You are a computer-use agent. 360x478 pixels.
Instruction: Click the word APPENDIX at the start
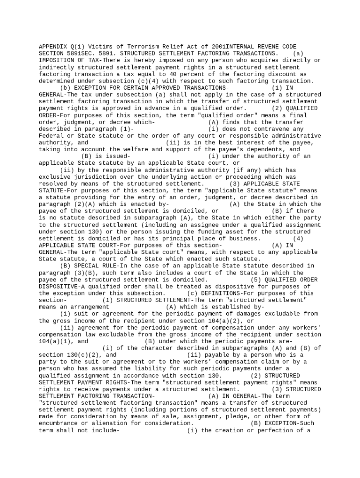click(x=53, y=47)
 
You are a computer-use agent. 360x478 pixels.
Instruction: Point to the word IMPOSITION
click(x=57, y=60)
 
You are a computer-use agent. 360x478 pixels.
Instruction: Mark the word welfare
click(x=134, y=149)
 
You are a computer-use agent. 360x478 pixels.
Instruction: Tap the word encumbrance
click(x=60, y=423)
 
